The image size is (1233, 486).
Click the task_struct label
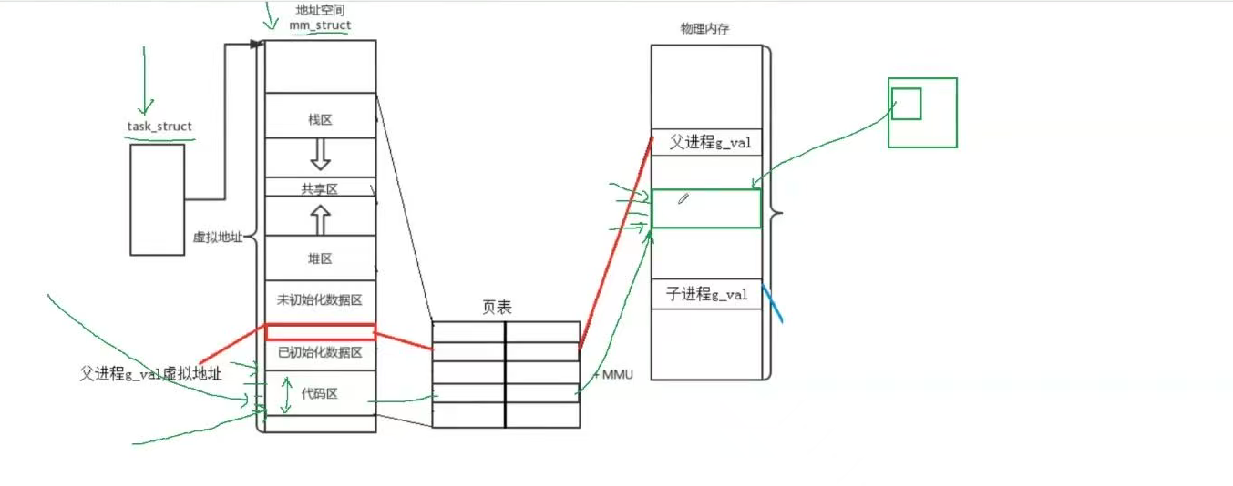click(159, 127)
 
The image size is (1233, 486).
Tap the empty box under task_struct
click(157, 199)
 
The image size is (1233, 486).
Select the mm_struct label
click(320, 26)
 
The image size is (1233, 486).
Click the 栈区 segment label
click(319, 119)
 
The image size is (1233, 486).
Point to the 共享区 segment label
click(319, 188)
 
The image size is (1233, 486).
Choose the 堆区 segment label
click(319, 259)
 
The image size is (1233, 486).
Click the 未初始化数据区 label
click(319, 299)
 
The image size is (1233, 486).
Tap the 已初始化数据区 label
click(319, 352)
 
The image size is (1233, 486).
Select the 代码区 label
click(320, 394)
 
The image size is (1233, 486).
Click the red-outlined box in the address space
click(320, 332)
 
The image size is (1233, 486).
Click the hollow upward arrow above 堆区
click(319, 218)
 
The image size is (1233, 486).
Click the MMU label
click(617, 374)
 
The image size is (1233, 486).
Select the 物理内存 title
click(704, 29)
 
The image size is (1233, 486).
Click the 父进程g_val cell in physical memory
click(706, 143)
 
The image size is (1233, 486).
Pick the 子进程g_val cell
click(706, 294)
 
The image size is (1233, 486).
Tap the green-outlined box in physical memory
click(706, 208)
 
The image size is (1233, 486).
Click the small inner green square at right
click(906, 103)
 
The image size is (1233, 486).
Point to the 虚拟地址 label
click(218, 237)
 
